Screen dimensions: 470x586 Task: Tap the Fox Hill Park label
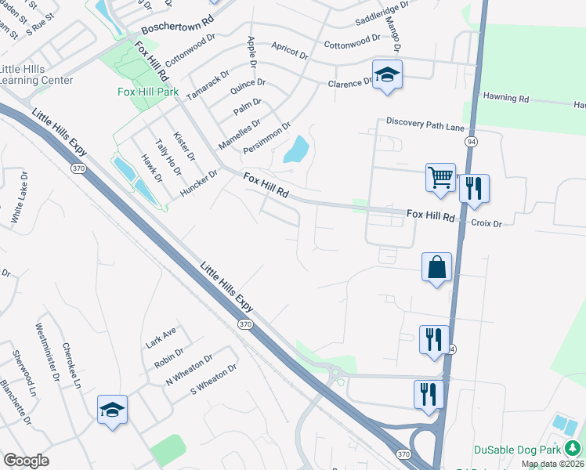(148, 92)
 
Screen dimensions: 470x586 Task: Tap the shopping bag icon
(436, 266)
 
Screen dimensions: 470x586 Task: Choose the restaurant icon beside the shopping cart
(474, 188)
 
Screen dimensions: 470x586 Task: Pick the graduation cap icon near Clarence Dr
(386, 74)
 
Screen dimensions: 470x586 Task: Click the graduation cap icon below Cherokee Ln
(112, 410)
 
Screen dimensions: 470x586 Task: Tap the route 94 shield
(470, 141)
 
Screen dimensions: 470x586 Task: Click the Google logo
(26, 461)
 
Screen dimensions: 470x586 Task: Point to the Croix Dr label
(486, 223)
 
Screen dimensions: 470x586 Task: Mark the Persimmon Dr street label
(266, 137)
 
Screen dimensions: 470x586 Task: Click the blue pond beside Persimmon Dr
(295, 149)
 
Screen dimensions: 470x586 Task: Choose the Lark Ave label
(161, 338)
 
